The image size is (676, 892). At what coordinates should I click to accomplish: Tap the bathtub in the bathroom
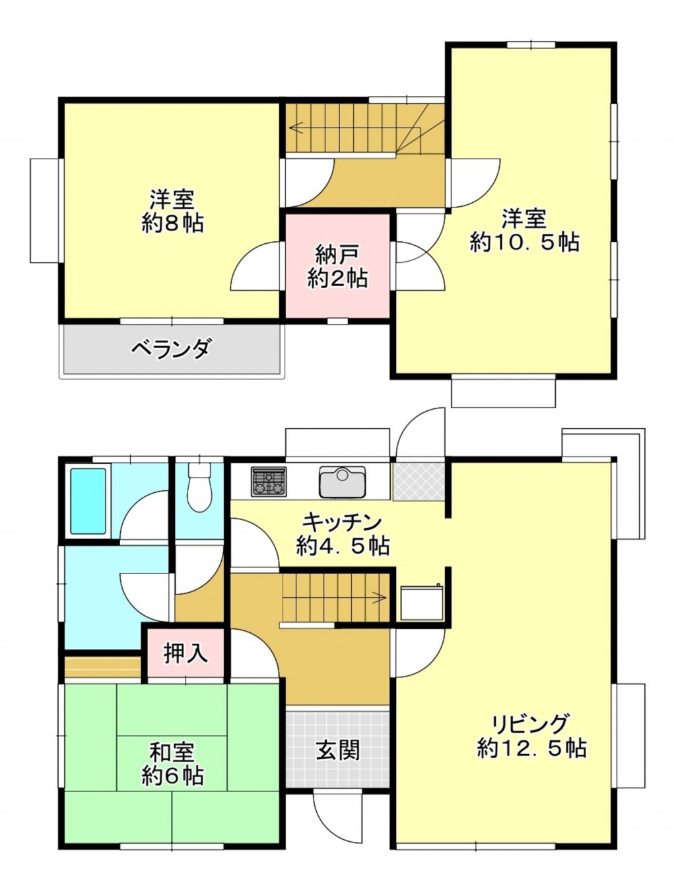[x=88, y=501]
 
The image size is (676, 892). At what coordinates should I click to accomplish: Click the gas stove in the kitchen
[x=269, y=482]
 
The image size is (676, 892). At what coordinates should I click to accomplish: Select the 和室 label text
[x=172, y=752]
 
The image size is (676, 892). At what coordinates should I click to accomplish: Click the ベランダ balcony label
[x=172, y=348]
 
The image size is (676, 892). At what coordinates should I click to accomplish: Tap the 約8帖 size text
[x=172, y=223]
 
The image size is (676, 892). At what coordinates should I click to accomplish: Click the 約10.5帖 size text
[x=524, y=242]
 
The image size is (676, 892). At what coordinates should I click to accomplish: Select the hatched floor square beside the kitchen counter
[x=419, y=481]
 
